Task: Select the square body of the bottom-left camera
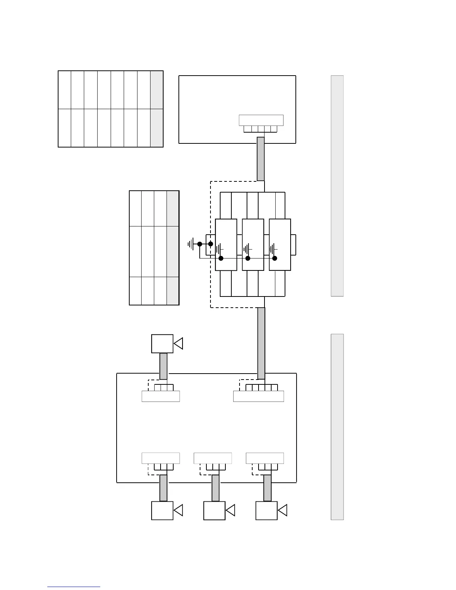(162, 510)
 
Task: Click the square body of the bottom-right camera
(266, 510)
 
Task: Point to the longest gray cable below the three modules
(262, 343)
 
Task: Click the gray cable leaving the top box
(261, 159)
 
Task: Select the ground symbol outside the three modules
(191, 244)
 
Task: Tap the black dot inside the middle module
(248, 258)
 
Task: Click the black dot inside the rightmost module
(275, 258)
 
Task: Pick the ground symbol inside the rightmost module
(273, 248)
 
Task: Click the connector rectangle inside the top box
(261, 120)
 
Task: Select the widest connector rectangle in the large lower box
(259, 396)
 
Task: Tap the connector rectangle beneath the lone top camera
(161, 396)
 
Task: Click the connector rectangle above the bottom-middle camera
(213, 458)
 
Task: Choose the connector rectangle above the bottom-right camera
(265, 458)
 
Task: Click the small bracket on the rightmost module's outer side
(294, 245)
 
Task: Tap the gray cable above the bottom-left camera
(163, 488)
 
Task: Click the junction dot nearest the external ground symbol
(200, 244)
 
